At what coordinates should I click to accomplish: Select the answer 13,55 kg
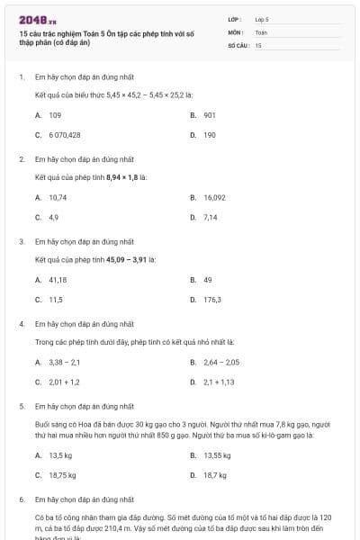tap(217, 455)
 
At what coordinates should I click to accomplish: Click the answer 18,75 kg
tap(62, 475)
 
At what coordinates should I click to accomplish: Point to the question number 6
tap(21, 499)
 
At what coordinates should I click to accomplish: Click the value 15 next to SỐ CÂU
tap(258, 45)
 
